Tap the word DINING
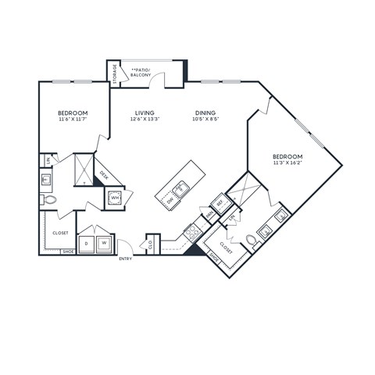205,112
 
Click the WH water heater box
115,198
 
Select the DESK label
104,177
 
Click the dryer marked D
85,245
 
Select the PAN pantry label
210,211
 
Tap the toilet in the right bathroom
251,240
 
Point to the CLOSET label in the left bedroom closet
60,233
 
